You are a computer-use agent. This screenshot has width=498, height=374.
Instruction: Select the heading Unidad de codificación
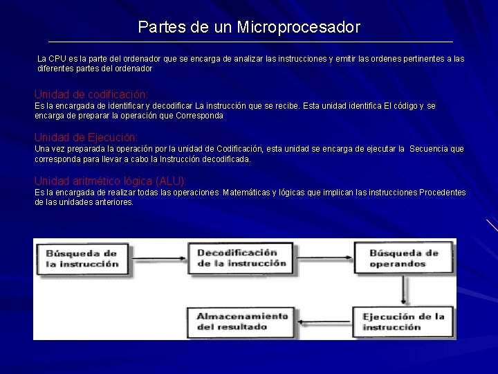[x=91, y=93]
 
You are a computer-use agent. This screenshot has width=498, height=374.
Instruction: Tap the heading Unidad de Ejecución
[x=86, y=137]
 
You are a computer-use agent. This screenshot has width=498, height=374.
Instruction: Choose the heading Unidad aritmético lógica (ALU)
[x=110, y=181]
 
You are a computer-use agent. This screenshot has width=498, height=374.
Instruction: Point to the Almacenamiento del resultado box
[x=242, y=321]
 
